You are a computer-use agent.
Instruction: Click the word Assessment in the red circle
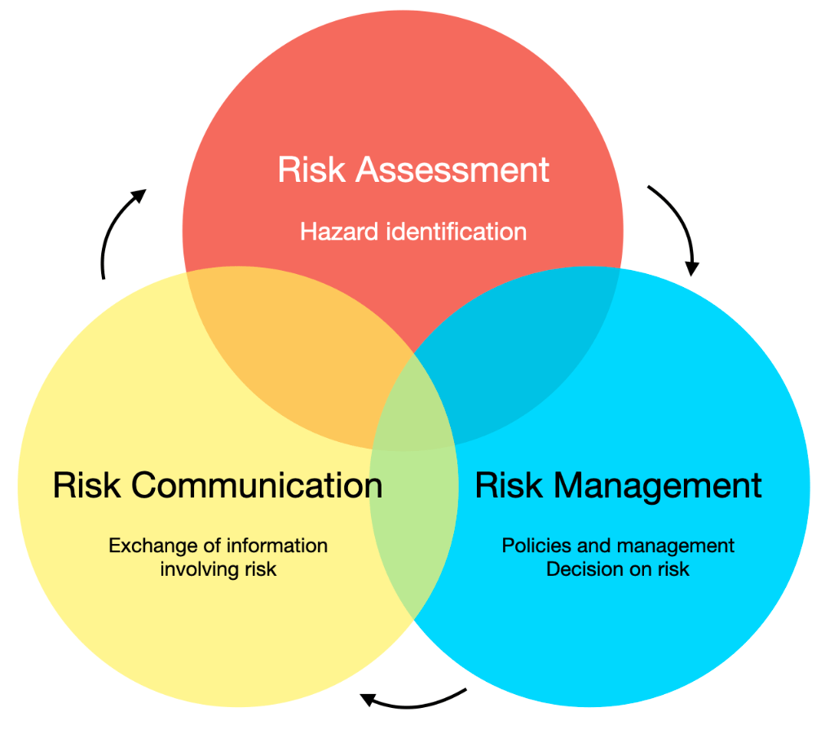453,170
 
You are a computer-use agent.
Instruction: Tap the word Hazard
328,232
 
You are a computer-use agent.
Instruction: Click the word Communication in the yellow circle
256,485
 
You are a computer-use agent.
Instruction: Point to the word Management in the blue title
657,485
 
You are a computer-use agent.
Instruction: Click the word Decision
581,568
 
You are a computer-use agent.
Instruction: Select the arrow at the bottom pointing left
412,700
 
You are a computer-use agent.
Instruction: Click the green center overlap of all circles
413,489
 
